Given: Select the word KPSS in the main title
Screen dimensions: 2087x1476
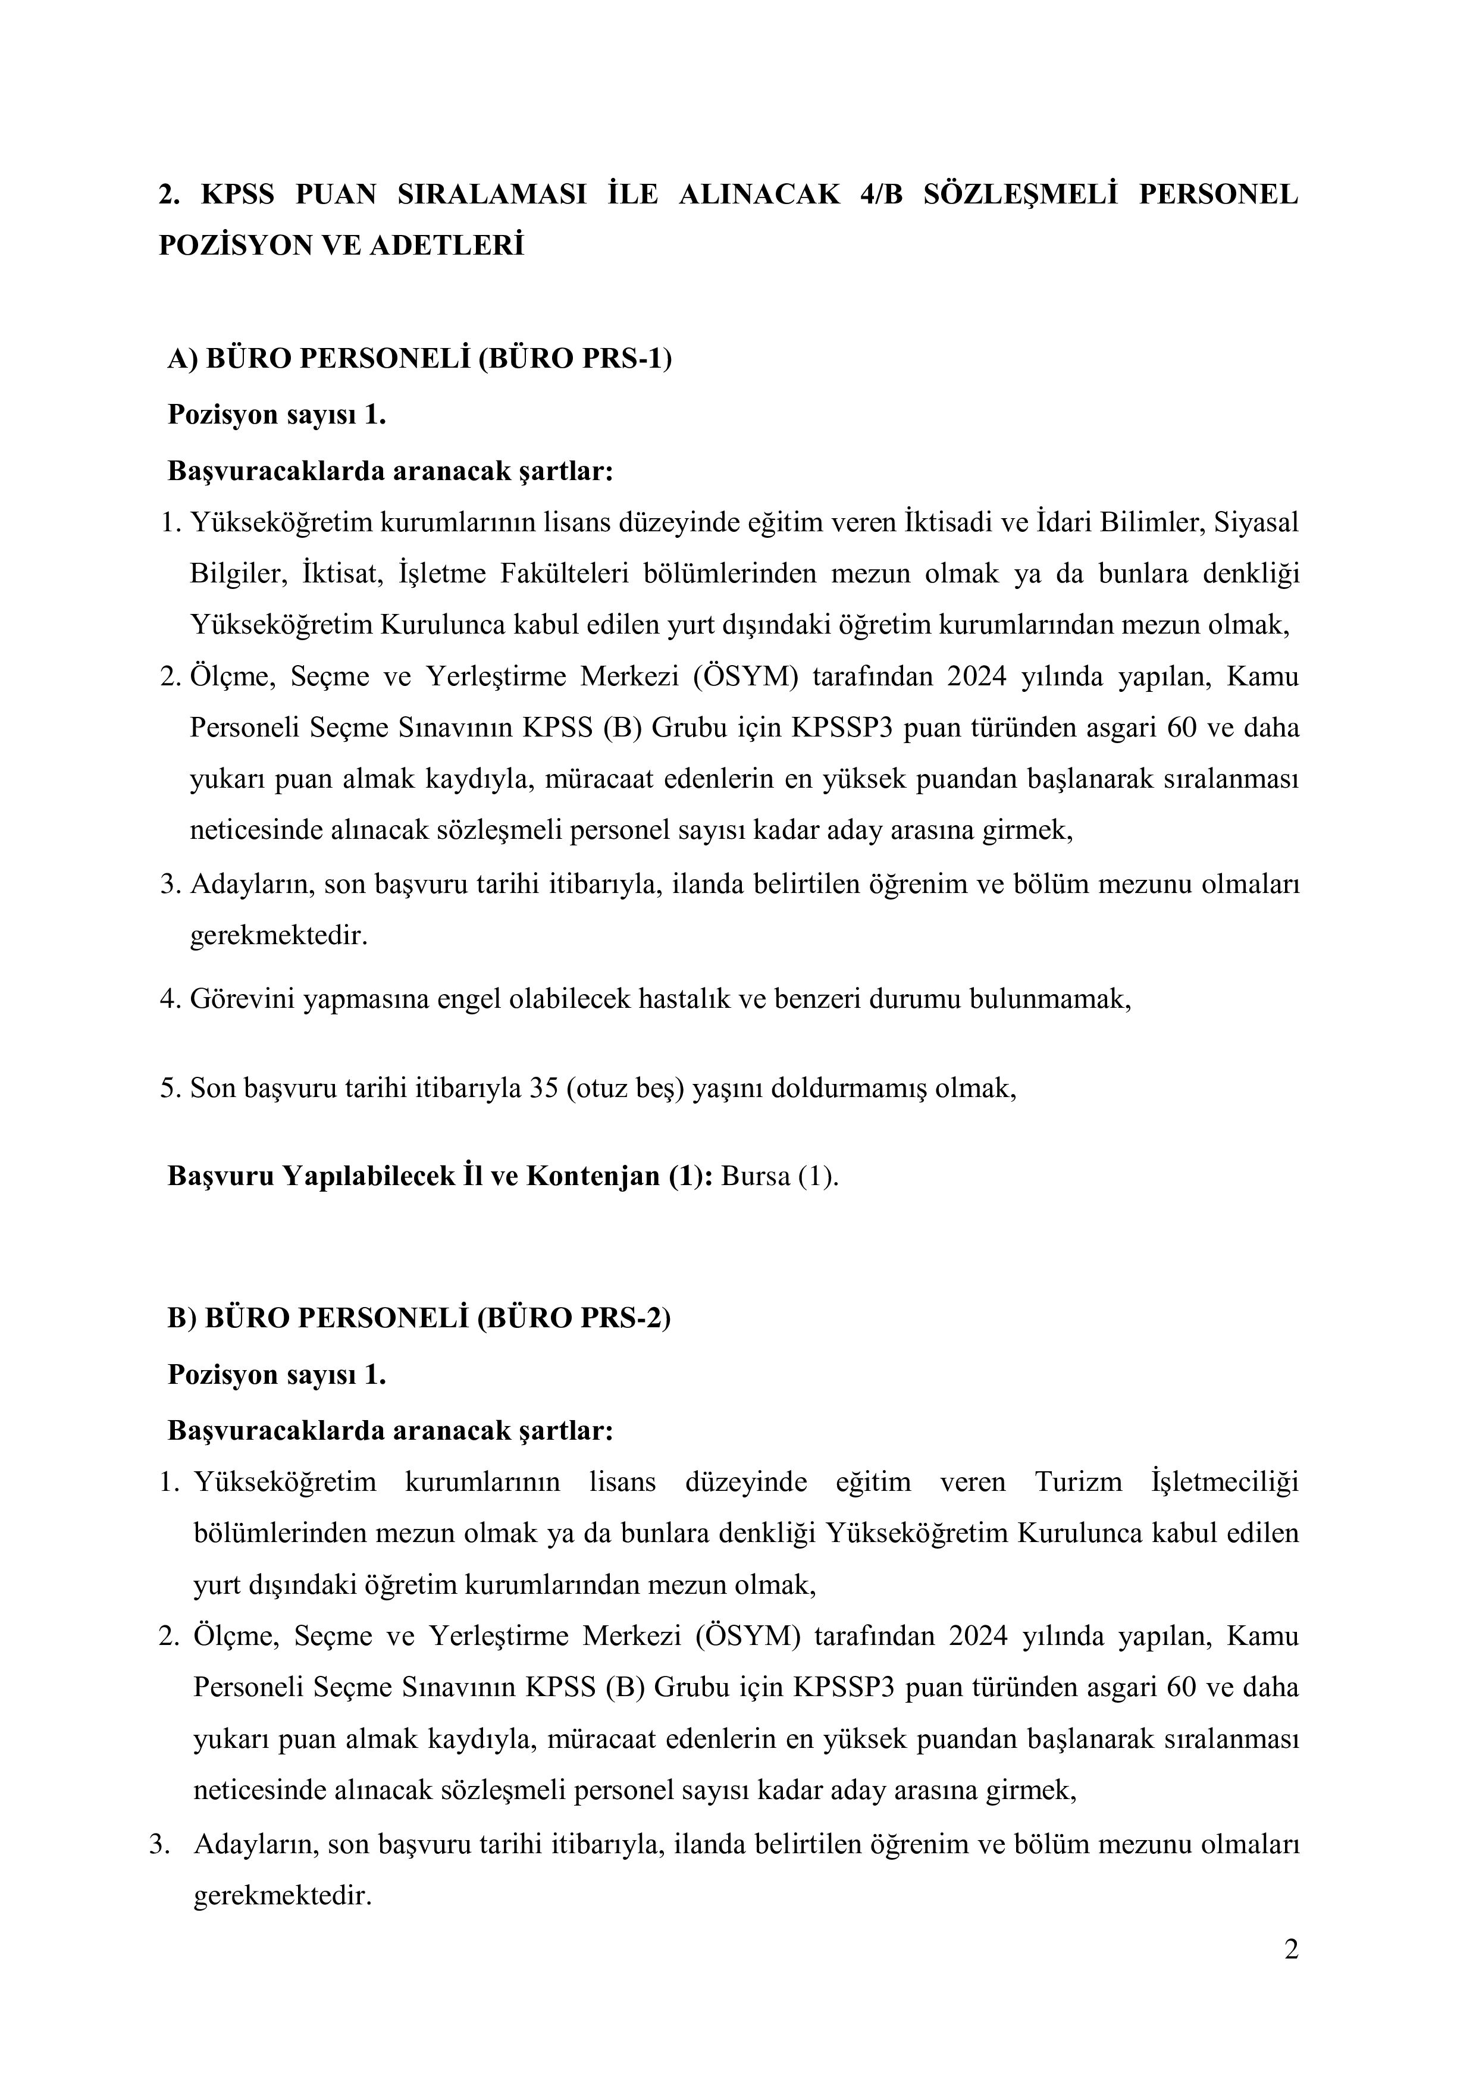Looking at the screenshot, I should [236, 195].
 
